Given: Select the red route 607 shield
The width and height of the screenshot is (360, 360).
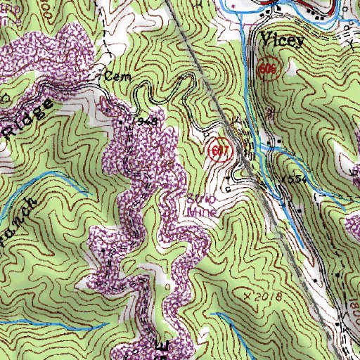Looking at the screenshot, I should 219,150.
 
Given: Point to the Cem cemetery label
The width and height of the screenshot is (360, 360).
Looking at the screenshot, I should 112,73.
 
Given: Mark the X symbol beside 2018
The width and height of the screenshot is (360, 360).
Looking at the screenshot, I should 247,297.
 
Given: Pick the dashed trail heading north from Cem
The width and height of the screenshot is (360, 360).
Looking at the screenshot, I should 108,42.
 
